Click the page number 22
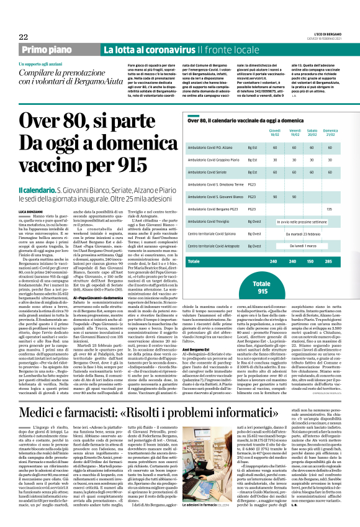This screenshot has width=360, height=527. tap(23, 37)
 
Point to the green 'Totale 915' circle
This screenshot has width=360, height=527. tap(263, 287)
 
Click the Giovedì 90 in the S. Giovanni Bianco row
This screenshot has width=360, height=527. tap(274, 197)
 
